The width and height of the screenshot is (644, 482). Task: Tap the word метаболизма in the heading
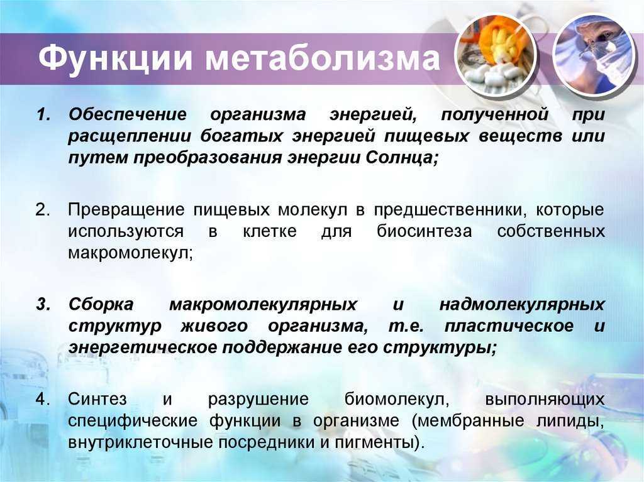click(323, 58)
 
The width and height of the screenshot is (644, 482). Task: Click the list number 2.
click(43, 210)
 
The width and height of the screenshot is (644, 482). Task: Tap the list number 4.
click(43, 399)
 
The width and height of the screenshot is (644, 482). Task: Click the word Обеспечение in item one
click(128, 114)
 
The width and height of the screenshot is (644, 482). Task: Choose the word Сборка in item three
click(101, 305)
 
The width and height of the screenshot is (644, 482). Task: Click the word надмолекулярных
click(522, 305)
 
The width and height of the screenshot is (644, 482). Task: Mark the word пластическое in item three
click(509, 326)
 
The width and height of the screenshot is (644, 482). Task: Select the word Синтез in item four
click(97, 399)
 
